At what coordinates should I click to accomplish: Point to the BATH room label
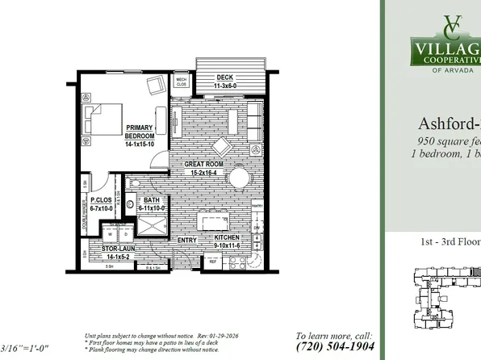152,204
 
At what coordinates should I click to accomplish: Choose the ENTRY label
187,240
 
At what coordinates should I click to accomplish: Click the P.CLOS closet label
101,204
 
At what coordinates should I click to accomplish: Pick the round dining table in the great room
220,147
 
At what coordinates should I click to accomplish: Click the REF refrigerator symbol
214,262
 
